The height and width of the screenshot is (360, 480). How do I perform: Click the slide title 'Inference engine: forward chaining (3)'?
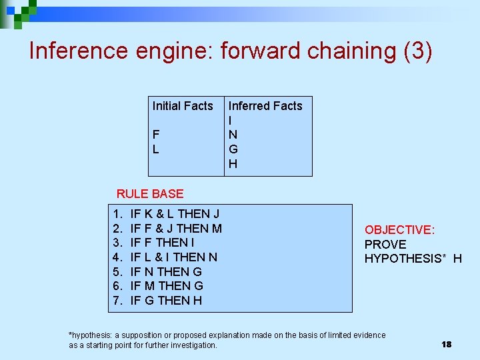231,51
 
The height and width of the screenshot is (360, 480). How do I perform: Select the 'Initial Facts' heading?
183,106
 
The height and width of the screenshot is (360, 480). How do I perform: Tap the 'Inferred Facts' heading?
265,106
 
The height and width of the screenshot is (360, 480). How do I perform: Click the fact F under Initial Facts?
156,135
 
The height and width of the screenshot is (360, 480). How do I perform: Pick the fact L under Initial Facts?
156,149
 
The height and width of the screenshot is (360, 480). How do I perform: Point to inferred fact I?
231,121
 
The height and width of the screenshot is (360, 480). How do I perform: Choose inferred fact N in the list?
233,135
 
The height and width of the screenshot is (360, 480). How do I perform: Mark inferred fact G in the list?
233,149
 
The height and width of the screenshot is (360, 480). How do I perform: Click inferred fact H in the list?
233,164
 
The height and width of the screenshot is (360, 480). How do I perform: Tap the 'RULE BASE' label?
150,194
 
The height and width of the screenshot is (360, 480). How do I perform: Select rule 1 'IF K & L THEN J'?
175,214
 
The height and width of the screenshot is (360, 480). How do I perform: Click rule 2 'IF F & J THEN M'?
176,229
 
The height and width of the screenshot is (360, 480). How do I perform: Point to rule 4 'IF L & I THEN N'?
173,257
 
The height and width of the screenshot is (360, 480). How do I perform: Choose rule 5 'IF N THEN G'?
166,272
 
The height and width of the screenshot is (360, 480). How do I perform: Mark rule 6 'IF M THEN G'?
167,286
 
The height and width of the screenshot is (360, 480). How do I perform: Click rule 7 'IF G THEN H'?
166,301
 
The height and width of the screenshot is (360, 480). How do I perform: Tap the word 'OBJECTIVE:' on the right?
399,230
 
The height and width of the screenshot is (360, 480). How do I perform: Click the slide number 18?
446,344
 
